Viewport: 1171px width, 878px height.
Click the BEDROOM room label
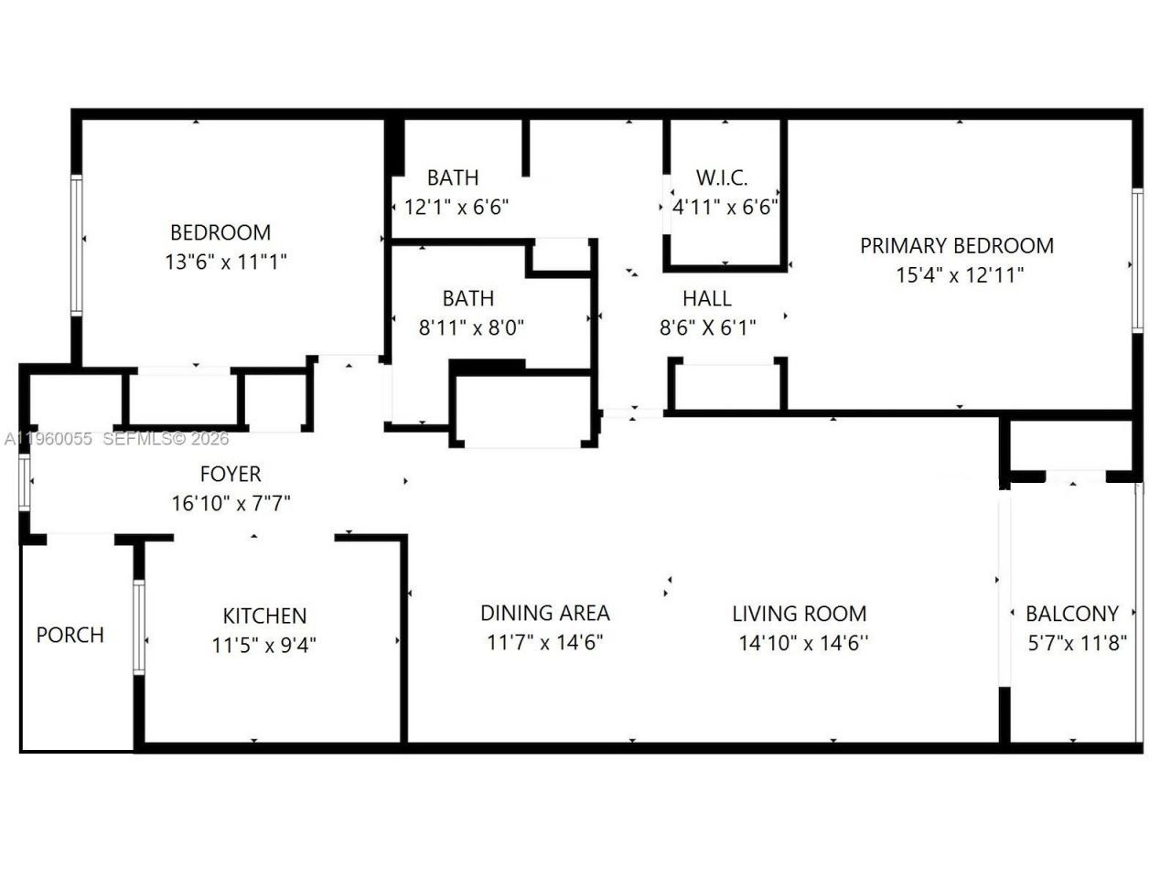pos(220,232)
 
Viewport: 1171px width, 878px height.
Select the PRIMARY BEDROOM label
pos(956,246)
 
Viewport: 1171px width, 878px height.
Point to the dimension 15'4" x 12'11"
pos(959,275)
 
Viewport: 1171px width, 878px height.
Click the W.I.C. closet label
pos(722,177)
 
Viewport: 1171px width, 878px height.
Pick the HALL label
pos(706,298)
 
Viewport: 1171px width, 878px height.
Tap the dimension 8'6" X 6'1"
pos(708,327)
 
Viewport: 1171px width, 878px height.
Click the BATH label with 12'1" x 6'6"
pos(453,177)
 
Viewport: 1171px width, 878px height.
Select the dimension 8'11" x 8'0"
pos(471,327)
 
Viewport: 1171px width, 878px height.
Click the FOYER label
pos(231,474)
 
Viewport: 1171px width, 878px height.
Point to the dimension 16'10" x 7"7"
pos(231,503)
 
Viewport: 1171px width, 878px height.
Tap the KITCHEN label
pos(264,616)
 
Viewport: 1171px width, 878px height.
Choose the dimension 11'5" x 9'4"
pos(264,646)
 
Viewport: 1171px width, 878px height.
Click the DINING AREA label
pos(545,613)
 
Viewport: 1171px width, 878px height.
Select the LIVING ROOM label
pos(799,614)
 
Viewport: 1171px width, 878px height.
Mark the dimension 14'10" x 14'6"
pos(803,644)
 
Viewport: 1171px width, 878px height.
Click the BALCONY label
pos(1071,614)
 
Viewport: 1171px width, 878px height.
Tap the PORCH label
pos(70,635)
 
